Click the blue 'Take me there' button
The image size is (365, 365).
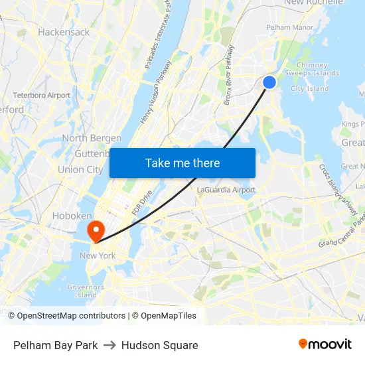[183, 163]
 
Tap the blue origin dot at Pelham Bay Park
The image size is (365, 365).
[269, 82]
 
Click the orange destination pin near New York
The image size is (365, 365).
[97, 230]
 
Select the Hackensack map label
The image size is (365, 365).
[64, 32]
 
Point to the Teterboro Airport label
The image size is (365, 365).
[41, 96]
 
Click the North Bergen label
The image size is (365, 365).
[92, 138]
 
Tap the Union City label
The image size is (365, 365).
[80, 169]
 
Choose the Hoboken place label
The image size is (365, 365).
[72, 216]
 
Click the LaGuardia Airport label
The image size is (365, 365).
[226, 190]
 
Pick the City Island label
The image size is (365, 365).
[309, 88]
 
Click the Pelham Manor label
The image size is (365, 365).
[289, 27]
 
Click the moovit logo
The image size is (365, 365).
[325, 344]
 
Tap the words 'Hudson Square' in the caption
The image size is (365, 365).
[159, 345]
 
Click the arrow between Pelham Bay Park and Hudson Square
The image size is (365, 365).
[110, 345]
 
